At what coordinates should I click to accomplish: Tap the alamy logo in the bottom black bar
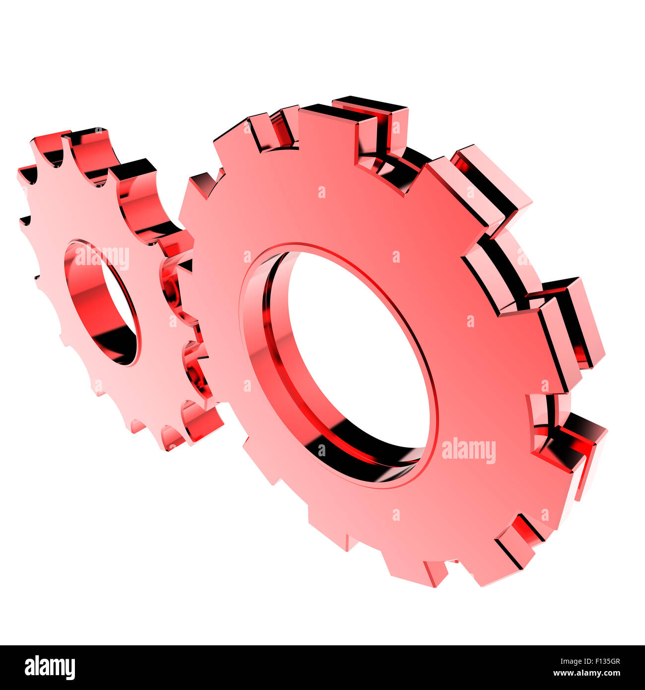[x=50, y=668]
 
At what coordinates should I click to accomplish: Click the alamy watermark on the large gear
[x=468, y=450]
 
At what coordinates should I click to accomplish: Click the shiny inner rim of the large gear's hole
[x=278, y=357]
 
